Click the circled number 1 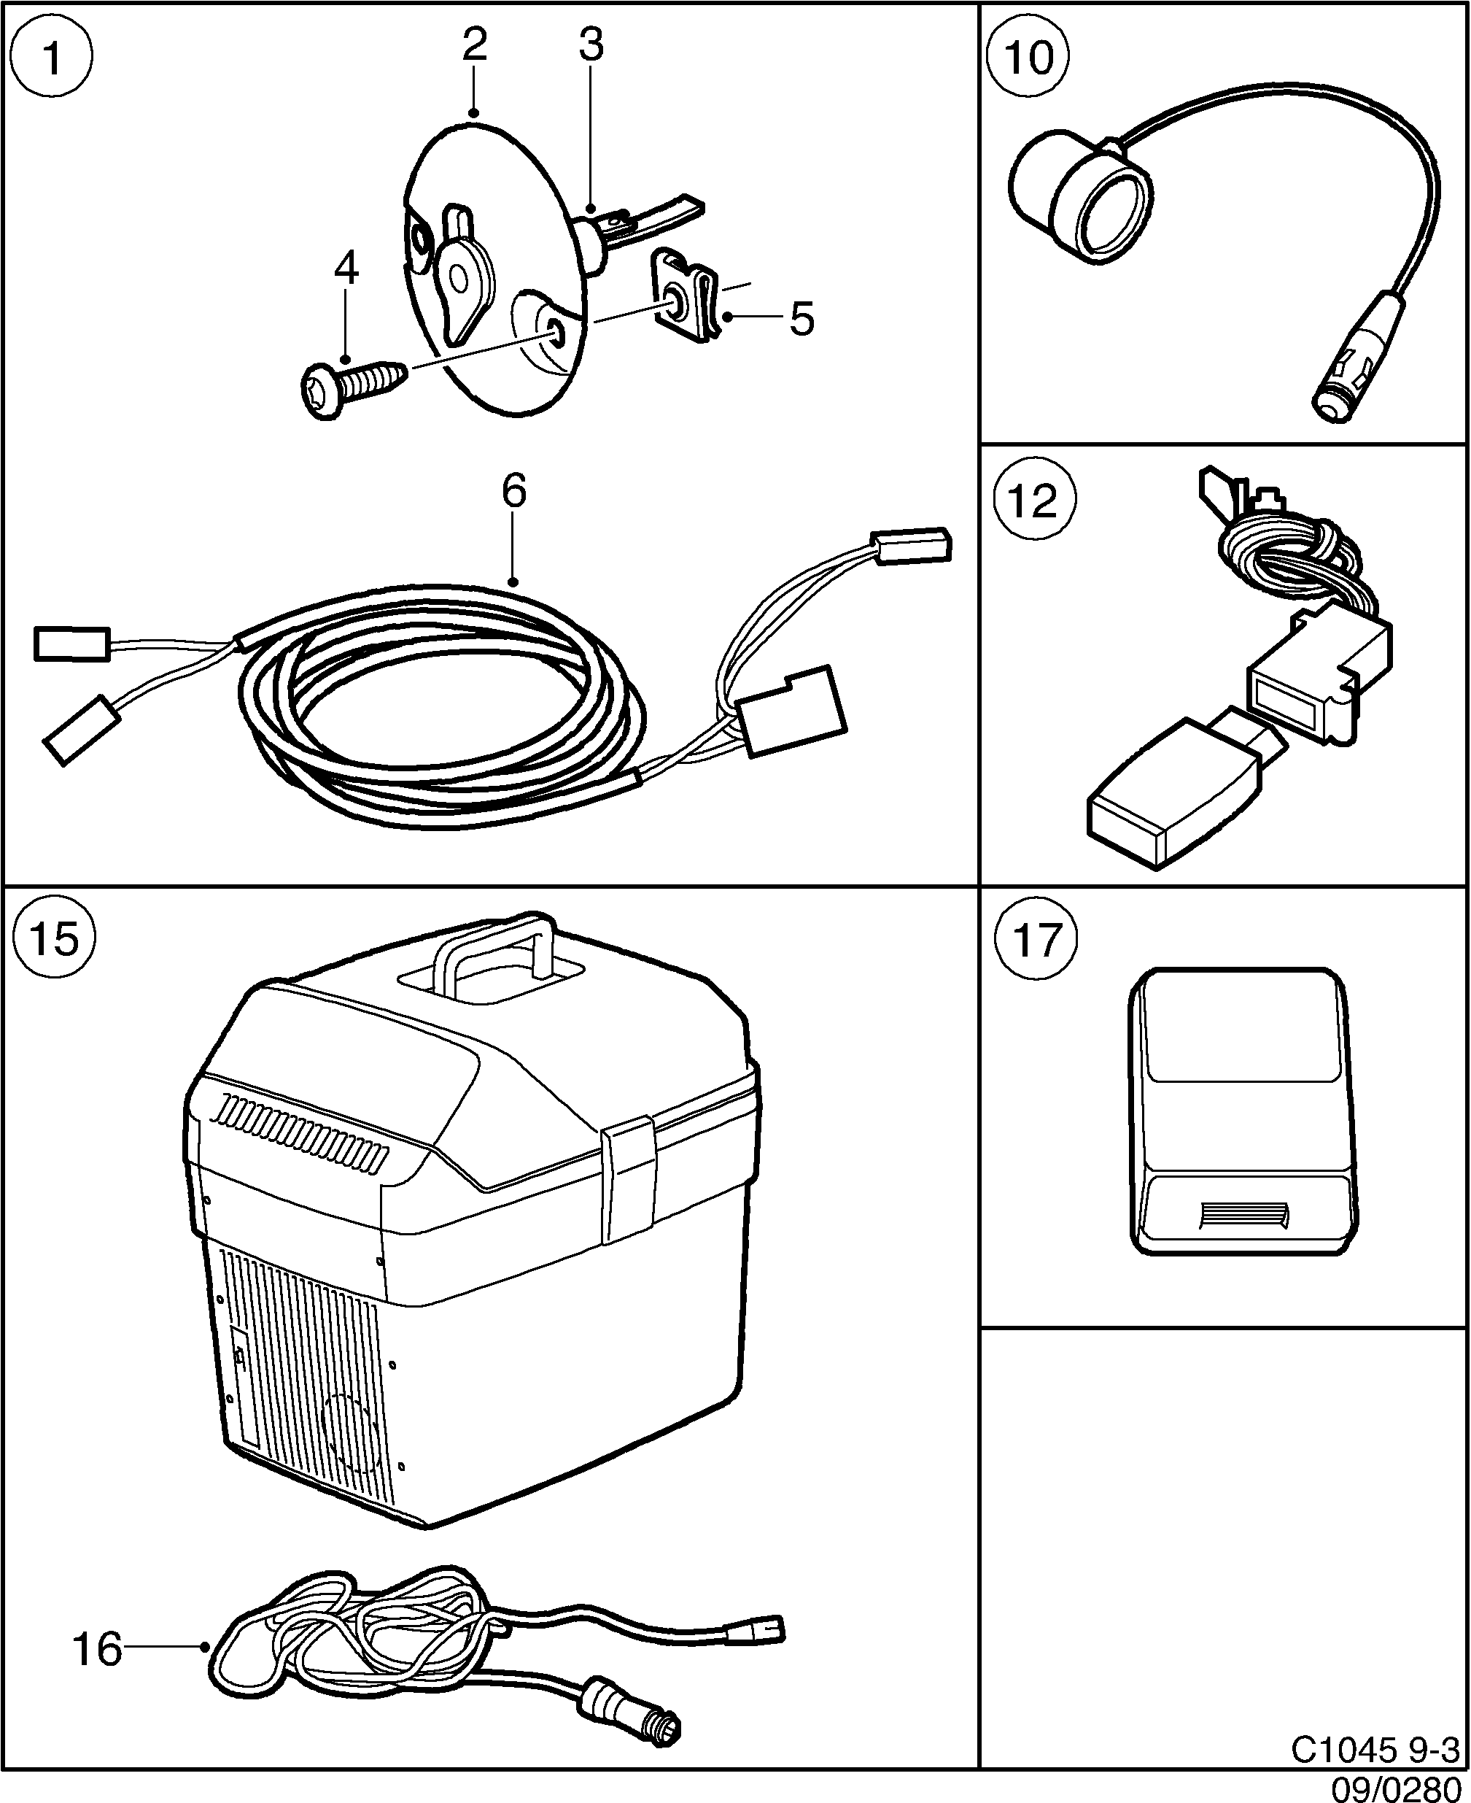[53, 59]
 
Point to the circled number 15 [56, 940]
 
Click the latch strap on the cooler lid [628, 1180]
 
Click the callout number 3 [591, 46]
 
